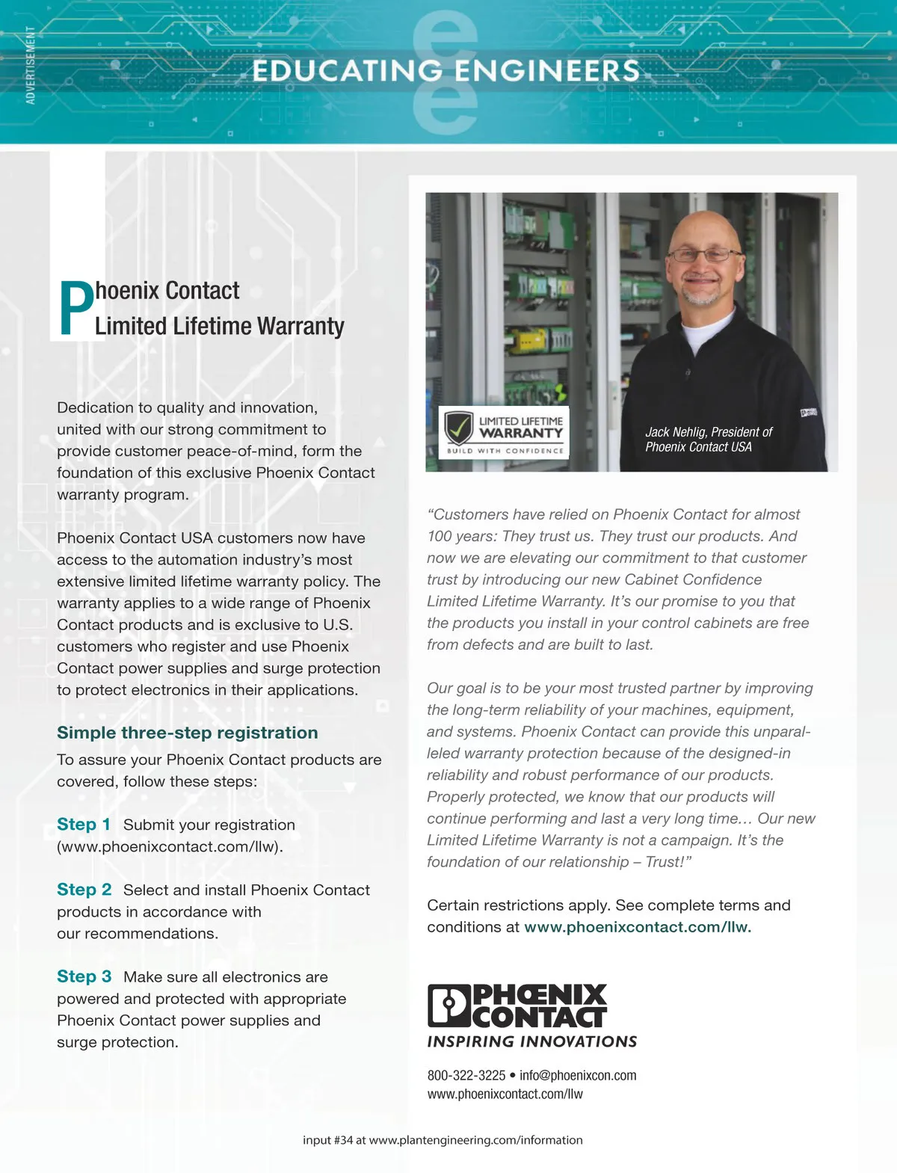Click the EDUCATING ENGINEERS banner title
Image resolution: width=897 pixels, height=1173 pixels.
click(446, 71)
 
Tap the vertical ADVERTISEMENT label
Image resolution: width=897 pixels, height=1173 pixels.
click(31, 66)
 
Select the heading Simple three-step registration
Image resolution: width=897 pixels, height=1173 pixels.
click(188, 733)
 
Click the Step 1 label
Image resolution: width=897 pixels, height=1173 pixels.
click(84, 825)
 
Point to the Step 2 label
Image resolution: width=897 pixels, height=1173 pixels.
click(84, 890)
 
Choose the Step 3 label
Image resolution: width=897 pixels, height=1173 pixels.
click(84, 976)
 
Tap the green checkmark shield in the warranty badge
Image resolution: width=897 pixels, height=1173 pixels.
click(458, 428)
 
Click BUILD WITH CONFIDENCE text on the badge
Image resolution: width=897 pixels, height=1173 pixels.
click(505, 451)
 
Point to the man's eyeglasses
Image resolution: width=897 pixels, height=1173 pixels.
click(703, 255)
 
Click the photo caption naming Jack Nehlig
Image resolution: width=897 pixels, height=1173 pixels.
click(708, 440)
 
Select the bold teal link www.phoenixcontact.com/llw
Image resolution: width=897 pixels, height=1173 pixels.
click(637, 927)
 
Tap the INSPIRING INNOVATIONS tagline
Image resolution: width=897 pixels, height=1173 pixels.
click(531, 1041)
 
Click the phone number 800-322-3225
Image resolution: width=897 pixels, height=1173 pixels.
click(466, 1076)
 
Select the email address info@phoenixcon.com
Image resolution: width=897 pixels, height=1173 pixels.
click(578, 1076)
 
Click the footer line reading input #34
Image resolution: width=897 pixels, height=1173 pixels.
click(443, 1140)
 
